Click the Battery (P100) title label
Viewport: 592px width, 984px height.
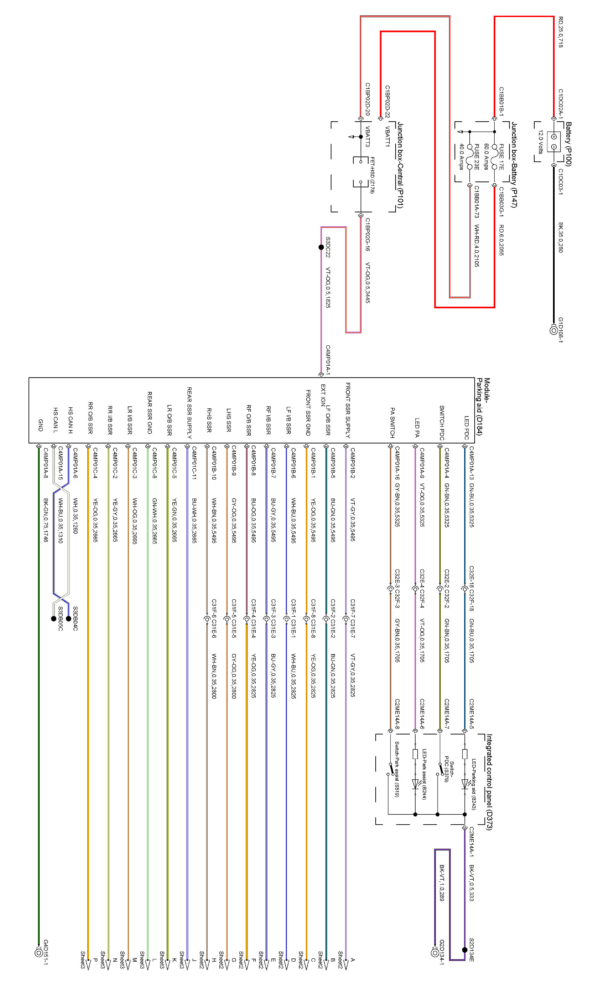568,144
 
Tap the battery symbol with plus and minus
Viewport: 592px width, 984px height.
553,142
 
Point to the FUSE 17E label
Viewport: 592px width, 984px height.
501,157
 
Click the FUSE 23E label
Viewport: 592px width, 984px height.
476,157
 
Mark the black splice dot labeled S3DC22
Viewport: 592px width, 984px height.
321,247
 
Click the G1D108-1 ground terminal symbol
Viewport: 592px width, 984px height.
553,331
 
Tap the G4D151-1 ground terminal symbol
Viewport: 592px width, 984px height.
39,953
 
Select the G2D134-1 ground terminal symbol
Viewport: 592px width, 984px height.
435,953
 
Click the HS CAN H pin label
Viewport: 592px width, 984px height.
70,420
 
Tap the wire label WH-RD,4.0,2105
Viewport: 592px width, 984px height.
476,245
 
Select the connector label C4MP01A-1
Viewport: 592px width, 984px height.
328,360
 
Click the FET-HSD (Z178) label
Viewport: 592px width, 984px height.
372,175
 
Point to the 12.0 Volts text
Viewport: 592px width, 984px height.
541,142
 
